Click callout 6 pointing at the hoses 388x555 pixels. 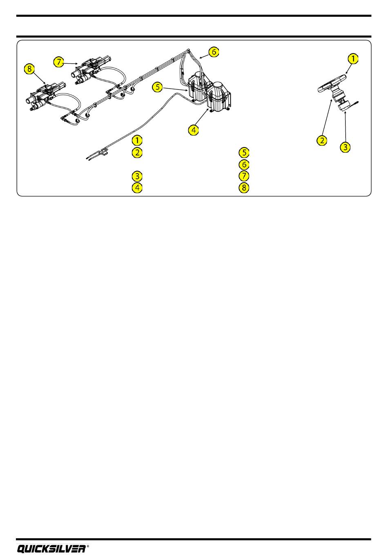[214, 52]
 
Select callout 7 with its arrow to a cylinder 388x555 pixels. [59, 62]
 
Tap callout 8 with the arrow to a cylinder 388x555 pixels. [29, 69]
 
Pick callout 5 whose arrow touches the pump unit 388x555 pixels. [158, 87]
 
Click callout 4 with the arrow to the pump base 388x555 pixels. [194, 130]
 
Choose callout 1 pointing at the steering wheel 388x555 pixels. [353, 59]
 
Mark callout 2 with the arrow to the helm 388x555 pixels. [322, 140]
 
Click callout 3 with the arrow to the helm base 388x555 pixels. [346, 147]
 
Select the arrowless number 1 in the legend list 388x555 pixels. [137, 140]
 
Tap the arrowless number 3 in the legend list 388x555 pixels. [137, 176]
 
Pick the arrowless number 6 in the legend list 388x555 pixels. [244, 164]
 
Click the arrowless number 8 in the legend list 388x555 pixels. [244, 187]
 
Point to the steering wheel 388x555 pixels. [332, 83]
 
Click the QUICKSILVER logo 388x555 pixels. [51, 549]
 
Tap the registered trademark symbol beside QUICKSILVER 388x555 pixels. [88, 546]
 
